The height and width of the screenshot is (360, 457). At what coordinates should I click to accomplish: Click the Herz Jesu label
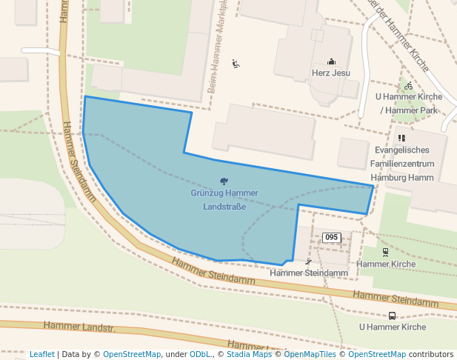330,73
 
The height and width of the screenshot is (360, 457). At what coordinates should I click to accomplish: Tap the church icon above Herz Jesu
331,61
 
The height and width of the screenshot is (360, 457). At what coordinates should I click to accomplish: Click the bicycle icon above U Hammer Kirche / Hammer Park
408,86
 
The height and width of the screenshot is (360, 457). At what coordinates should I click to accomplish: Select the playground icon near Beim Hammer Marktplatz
236,64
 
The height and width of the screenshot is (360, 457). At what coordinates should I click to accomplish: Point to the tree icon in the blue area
224,181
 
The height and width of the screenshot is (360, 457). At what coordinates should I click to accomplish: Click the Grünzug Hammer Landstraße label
224,199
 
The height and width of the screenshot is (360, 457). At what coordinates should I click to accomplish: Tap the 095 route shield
331,237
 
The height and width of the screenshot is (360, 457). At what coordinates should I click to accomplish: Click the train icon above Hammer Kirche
385,252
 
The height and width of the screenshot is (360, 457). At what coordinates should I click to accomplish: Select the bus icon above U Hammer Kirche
392,316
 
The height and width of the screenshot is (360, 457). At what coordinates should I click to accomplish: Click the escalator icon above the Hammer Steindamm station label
308,261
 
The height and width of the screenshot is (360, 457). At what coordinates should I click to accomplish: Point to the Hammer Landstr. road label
79,326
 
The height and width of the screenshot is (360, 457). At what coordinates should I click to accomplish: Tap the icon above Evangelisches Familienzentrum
401,138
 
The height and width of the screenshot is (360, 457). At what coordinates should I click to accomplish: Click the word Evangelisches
402,150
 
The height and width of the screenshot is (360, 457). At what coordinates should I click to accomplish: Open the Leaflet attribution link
42,354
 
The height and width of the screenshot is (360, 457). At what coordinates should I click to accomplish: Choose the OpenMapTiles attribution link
310,354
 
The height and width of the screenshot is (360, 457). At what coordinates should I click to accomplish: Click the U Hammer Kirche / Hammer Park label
408,103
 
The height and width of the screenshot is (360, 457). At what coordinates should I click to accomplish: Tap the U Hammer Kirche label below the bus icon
392,327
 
